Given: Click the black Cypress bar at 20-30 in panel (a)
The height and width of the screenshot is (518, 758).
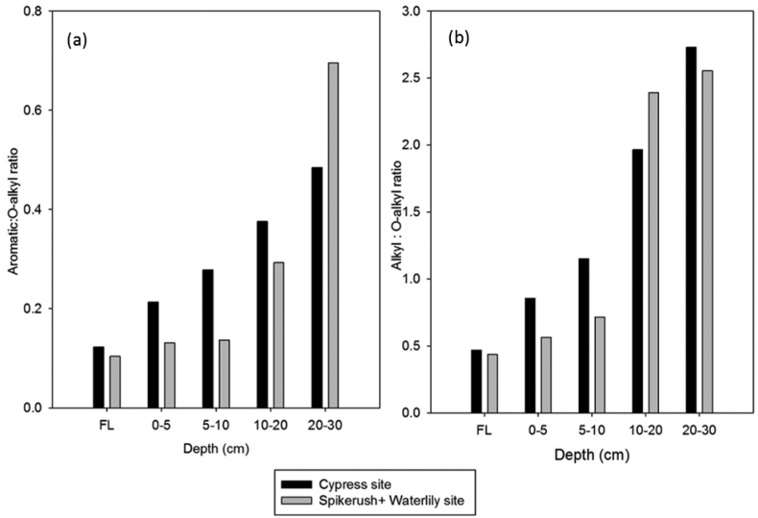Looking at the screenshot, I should coord(317,287).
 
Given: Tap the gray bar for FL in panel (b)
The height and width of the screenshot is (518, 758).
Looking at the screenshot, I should coord(492,383).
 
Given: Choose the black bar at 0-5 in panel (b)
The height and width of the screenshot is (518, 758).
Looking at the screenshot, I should coord(530,356).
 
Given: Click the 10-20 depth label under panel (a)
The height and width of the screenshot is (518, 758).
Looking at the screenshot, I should coord(269,424).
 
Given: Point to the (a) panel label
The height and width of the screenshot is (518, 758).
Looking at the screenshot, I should coord(78,40).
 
